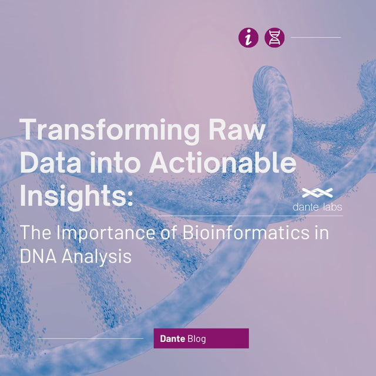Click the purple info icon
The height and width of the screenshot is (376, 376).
[x=248, y=38]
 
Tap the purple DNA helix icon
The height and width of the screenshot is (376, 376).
[x=274, y=38]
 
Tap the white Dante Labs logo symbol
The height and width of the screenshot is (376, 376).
[x=317, y=193]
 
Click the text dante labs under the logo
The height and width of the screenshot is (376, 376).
[x=317, y=207]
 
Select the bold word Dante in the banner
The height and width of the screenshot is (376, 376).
[x=173, y=339]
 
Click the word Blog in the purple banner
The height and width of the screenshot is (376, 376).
[x=197, y=339]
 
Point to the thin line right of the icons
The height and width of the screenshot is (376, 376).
[x=315, y=38]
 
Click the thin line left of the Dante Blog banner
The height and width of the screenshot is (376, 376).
[x=90, y=338]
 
